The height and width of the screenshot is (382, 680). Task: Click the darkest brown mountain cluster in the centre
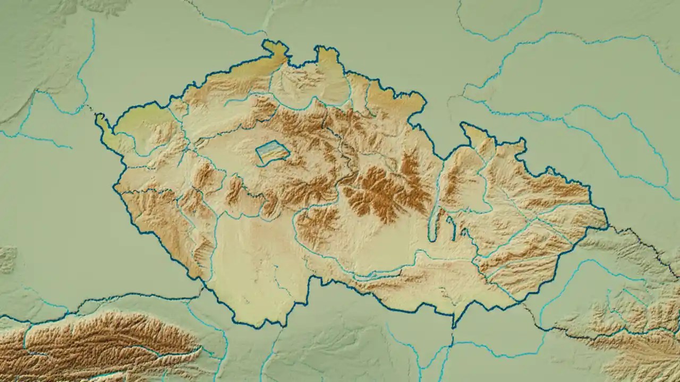[382, 191]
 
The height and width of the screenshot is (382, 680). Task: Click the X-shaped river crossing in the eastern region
[531, 223]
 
